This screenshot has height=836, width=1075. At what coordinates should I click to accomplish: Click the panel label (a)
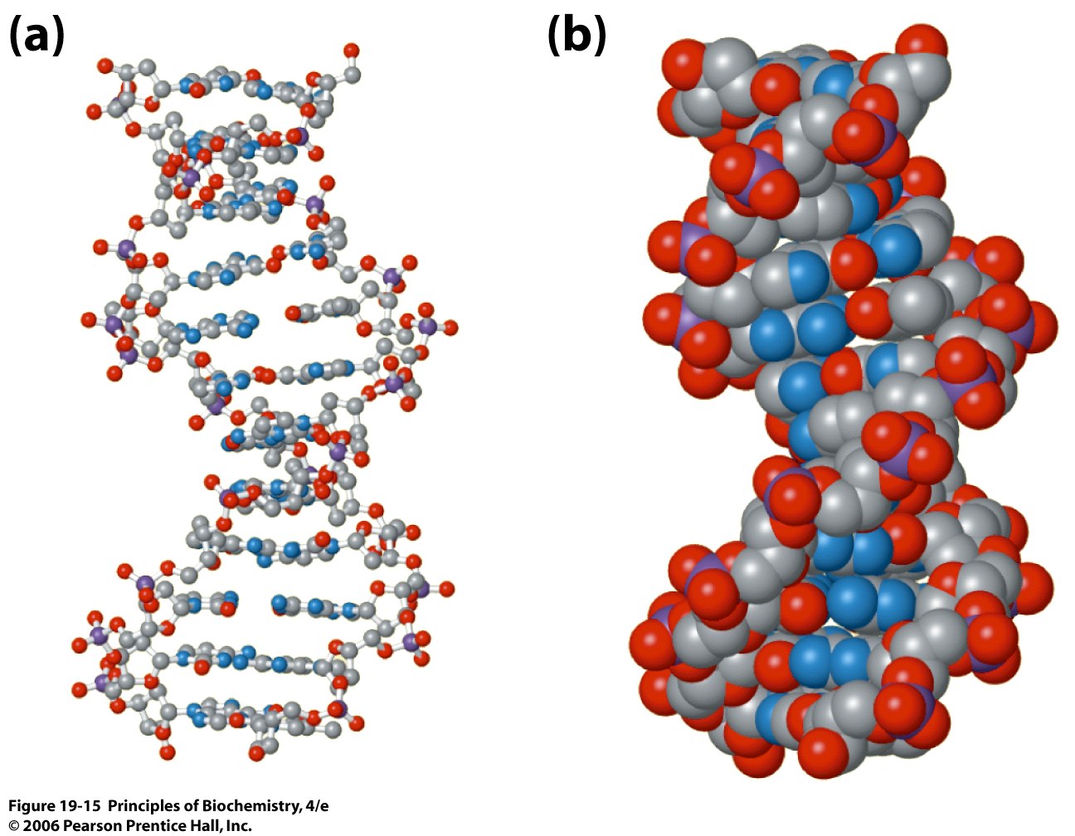click(x=36, y=36)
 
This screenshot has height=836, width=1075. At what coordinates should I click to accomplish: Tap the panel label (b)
click(x=576, y=36)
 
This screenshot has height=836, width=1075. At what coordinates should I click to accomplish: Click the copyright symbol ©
click(x=14, y=825)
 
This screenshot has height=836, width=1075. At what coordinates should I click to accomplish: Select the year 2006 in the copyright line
click(x=38, y=825)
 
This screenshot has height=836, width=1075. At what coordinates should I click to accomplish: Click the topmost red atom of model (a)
click(x=352, y=51)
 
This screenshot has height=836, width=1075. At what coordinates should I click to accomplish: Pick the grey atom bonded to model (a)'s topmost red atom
click(x=353, y=75)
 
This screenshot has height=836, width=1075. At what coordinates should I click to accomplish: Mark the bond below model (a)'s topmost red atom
click(x=352, y=63)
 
